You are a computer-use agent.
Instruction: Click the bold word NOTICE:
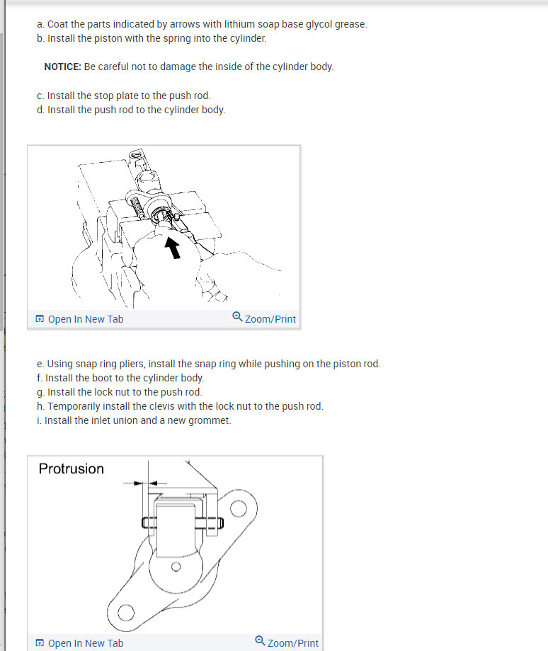63,67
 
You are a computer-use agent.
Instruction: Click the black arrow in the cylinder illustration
173,248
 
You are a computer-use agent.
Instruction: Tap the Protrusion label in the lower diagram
71,468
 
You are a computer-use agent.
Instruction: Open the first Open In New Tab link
86,319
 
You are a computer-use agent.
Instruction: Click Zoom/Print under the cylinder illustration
270,319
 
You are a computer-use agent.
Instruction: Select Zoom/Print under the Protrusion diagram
293,643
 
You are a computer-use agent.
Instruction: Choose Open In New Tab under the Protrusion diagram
86,643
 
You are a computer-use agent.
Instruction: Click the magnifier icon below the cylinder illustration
237,317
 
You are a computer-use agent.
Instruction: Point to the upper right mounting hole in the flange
238,509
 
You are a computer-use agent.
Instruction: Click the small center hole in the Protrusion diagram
176,567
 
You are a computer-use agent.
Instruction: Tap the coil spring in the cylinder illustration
137,207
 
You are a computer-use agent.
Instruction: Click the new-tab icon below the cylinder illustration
40,319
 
